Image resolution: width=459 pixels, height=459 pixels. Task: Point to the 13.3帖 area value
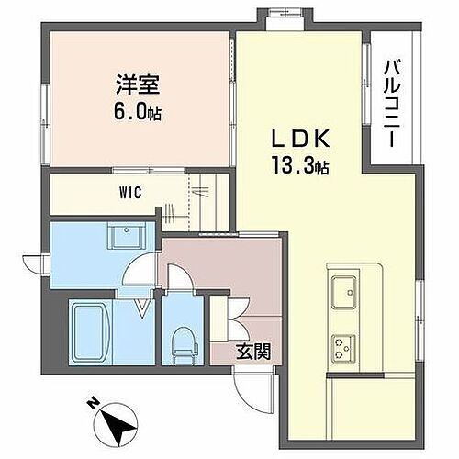[x=298, y=168]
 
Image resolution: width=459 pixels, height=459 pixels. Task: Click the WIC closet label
[x=128, y=194]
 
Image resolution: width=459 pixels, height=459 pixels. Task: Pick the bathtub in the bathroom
[x=99, y=332]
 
